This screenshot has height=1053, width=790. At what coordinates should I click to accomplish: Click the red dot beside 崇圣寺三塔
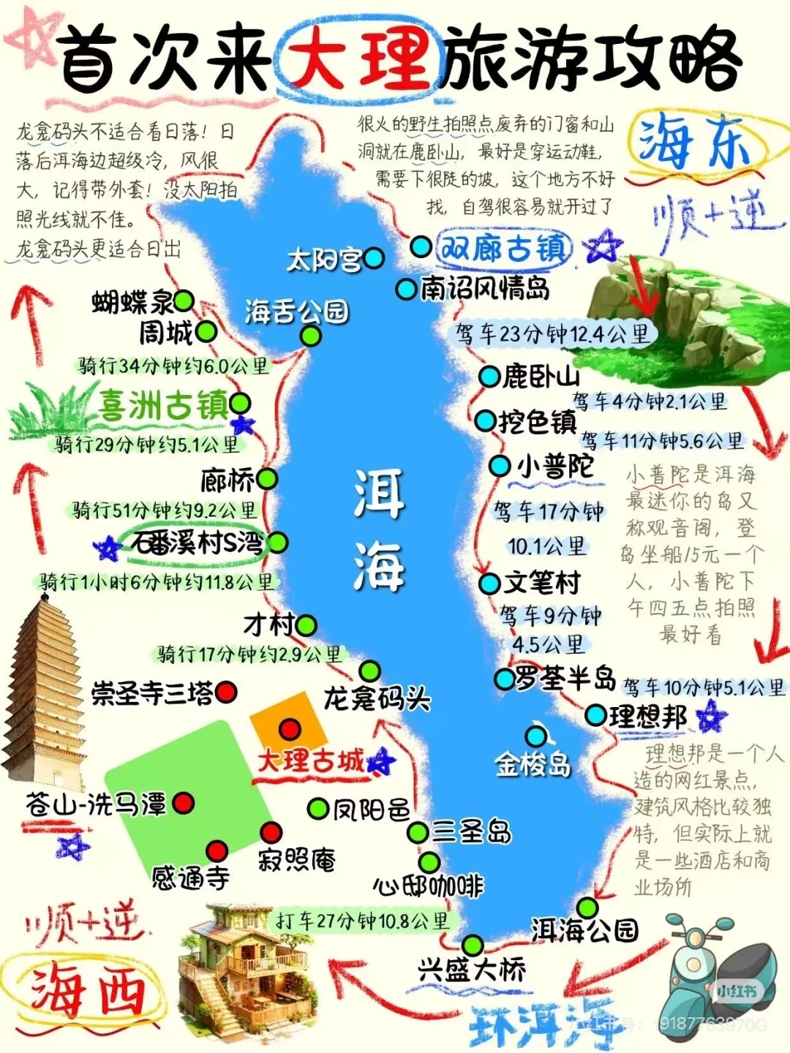(x=227, y=691)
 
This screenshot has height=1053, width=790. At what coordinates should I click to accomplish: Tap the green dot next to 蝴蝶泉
(x=183, y=301)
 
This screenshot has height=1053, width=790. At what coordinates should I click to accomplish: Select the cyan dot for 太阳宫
(x=374, y=257)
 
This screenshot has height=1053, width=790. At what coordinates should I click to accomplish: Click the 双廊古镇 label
(x=504, y=248)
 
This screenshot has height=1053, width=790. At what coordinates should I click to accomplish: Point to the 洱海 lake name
(x=379, y=530)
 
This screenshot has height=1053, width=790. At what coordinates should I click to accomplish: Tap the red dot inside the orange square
(x=290, y=729)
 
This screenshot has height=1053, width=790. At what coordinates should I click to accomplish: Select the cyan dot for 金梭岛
(x=536, y=736)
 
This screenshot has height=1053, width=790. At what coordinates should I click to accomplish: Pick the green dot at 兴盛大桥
(x=473, y=944)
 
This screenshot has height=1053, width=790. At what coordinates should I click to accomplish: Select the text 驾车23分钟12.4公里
(x=553, y=334)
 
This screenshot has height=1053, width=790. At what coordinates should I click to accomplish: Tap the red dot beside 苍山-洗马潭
(x=183, y=803)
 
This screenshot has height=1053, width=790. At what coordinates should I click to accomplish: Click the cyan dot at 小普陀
(x=500, y=466)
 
